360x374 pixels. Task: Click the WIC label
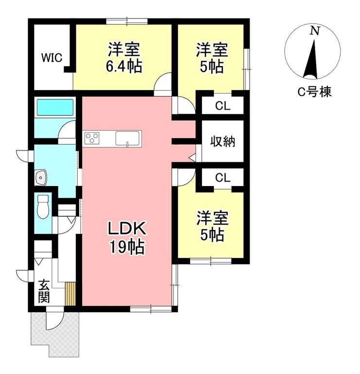click(52, 58)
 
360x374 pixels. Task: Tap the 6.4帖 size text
click(124, 66)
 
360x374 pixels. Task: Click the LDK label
click(127, 228)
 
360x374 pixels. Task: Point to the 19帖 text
click(127, 247)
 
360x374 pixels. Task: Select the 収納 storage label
click(222, 141)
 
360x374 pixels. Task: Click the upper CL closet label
click(223, 106)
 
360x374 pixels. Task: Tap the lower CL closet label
click(223, 178)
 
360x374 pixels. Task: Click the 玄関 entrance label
click(44, 291)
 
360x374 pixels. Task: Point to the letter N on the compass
click(314, 31)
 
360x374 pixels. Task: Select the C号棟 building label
click(314, 92)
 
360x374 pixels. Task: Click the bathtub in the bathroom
click(55, 107)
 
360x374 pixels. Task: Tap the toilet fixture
click(43, 206)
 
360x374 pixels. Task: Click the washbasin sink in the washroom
click(41, 177)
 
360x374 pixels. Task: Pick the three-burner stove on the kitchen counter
click(92, 138)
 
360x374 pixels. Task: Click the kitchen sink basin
click(127, 138)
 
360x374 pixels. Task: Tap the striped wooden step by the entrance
click(70, 294)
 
